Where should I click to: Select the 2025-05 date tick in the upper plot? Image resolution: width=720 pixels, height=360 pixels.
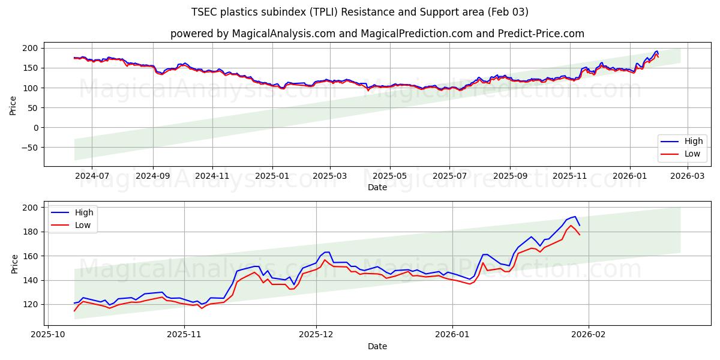[x=390, y=176]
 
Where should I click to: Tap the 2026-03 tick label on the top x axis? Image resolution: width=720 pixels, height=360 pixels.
[x=687, y=176]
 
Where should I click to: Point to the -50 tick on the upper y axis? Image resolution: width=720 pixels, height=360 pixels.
[x=31, y=148]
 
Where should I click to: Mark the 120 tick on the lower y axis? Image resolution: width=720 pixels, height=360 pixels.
[x=32, y=304]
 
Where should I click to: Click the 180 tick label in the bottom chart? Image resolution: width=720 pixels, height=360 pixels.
[x=32, y=232]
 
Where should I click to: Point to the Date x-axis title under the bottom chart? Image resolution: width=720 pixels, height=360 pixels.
[x=377, y=346]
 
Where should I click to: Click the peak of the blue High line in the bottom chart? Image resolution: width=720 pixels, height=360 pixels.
[x=575, y=217]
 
